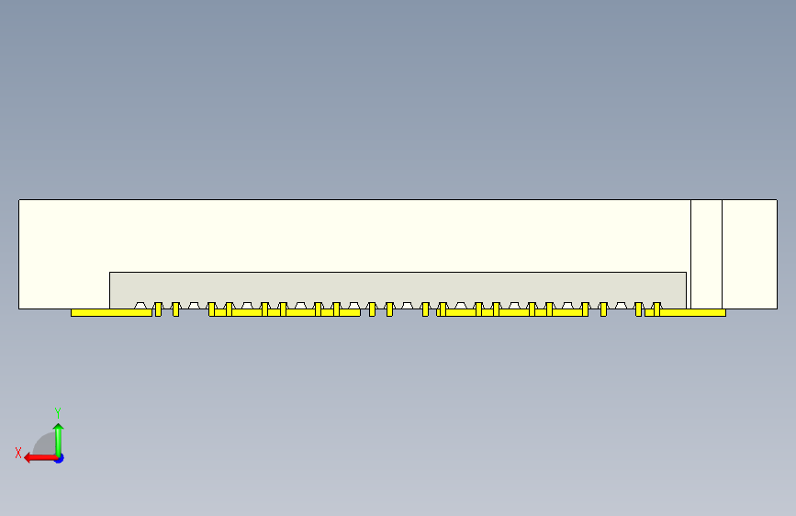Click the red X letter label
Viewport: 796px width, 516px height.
tap(17, 452)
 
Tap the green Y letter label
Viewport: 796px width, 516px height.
tap(57, 412)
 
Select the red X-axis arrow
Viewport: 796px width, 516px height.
tap(37, 457)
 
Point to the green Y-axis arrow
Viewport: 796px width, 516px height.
tap(58, 438)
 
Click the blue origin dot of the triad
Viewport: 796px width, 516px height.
tap(58, 457)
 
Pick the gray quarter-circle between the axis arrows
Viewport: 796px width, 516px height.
tap(45, 446)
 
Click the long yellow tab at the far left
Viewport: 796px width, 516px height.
tap(111, 312)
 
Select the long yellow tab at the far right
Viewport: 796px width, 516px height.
tap(692, 312)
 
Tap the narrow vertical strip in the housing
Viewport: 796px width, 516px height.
tap(706, 253)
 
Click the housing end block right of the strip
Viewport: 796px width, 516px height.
tap(749, 253)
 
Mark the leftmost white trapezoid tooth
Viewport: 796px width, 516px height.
tap(141, 305)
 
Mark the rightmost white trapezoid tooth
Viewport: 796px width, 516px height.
tap(622, 305)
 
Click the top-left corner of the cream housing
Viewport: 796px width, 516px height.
tap(19, 200)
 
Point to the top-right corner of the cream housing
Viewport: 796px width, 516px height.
tap(777, 200)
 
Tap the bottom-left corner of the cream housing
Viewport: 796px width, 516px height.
tap(19, 308)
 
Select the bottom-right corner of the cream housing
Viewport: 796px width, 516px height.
tap(777, 308)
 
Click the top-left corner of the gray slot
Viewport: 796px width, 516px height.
tap(110, 273)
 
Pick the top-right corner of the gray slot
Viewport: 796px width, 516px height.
tap(686, 273)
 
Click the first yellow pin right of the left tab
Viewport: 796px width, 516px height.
tap(158, 309)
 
